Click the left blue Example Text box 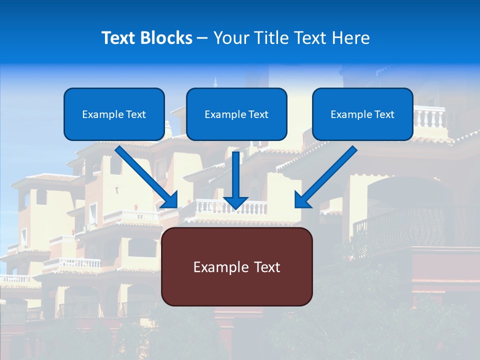[114, 114]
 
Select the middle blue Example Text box [236, 114]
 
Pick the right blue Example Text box [362, 114]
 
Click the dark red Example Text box [236, 267]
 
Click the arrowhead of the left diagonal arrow [170, 200]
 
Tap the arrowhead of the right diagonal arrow [302, 200]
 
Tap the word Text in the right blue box [384, 114]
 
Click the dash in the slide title [202, 38]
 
